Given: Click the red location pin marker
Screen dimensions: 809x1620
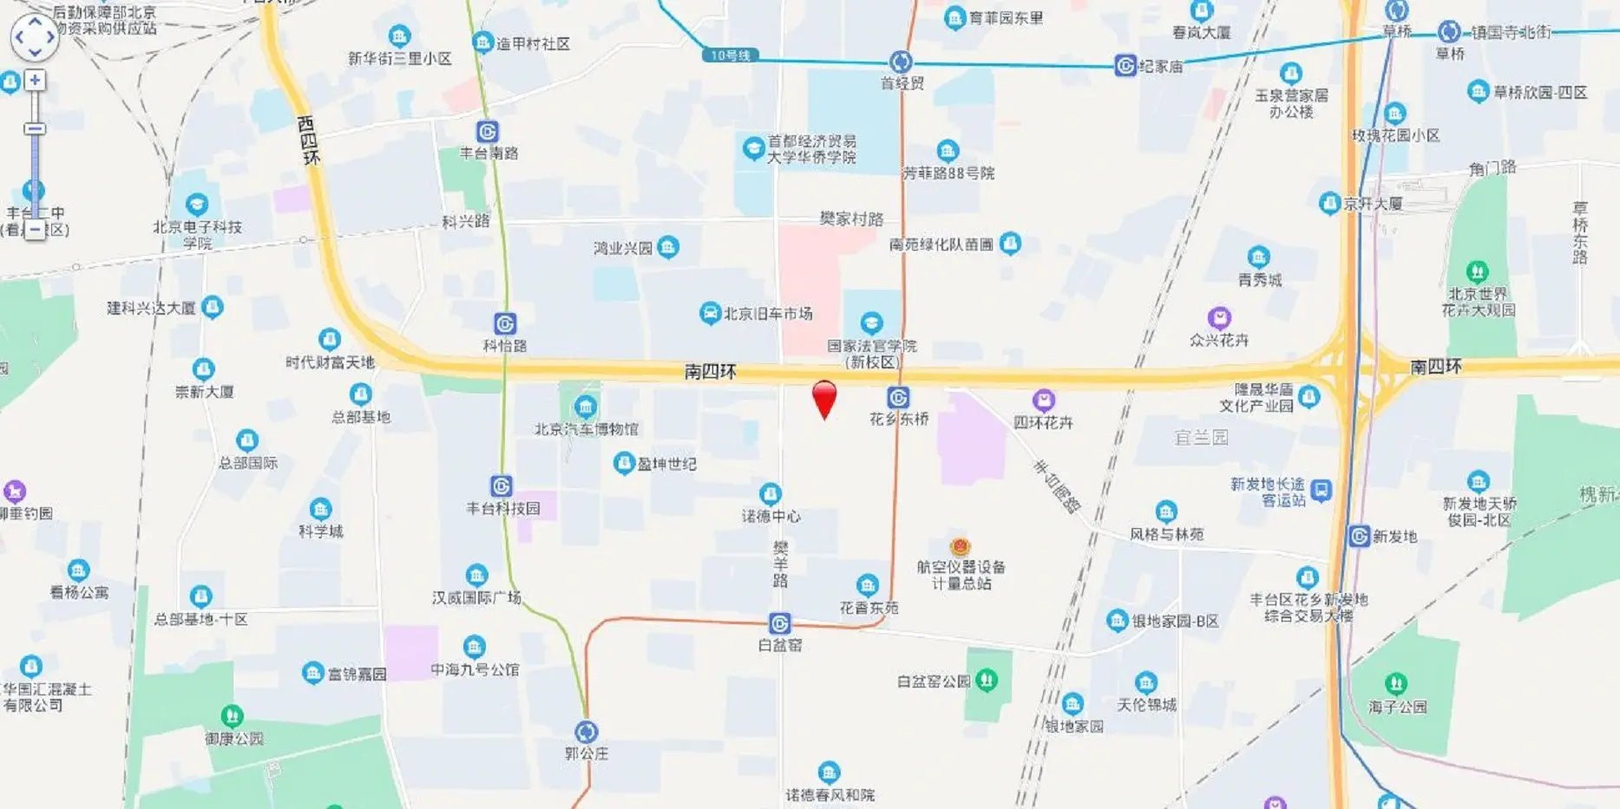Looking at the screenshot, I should click(824, 398).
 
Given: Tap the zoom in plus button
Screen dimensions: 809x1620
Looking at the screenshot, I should click(35, 81).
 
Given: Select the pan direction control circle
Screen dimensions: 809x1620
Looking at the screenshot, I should click(35, 37).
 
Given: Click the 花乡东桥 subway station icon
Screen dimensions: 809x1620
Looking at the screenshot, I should click(898, 398).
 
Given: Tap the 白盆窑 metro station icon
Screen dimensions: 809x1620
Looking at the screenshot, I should click(779, 623).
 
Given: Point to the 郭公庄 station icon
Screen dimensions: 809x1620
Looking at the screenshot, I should click(587, 732).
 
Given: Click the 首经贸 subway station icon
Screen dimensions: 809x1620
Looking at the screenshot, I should click(901, 62).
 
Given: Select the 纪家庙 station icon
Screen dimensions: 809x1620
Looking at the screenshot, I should click(1125, 66).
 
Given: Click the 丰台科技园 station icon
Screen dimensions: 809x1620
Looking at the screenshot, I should click(501, 486).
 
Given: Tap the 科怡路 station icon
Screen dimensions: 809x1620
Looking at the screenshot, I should click(505, 324).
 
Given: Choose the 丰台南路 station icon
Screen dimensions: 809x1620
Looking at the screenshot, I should click(488, 132).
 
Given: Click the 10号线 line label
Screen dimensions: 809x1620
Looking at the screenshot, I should click(731, 55).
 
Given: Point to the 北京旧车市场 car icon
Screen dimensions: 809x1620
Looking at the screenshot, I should click(710, 313).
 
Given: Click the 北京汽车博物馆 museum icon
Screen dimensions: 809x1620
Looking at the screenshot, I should click(586, 407).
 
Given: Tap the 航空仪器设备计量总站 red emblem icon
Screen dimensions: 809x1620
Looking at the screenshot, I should click(960, 546).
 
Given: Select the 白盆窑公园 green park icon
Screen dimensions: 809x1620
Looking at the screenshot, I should click(987, 681).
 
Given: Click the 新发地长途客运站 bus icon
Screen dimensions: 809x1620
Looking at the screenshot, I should click(1321, 491).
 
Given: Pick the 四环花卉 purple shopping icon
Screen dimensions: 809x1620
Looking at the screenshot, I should click(1044, 401).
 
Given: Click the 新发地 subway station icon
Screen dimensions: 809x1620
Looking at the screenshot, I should click(1359, 537).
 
